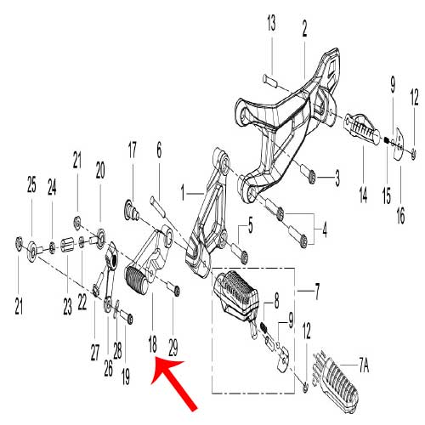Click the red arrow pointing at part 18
click(173, 384)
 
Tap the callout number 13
click(271, 23)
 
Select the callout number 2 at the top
click(304, 29)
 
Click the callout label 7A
click(364, 366)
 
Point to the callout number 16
click(400, 215)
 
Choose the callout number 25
click(31, 184)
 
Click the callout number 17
click(132, 150)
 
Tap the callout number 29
click(173, 348)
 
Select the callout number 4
click(325, 229)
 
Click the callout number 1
click(183, 193)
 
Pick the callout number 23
click(67, 307)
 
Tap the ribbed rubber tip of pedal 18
click(137, 281)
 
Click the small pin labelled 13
click(269, 81)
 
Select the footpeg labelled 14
click(362, 128)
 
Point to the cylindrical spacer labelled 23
click(67, 244)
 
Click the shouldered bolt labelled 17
click(131, 209)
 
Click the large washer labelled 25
click(32, 252)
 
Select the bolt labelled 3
click(308, 172)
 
